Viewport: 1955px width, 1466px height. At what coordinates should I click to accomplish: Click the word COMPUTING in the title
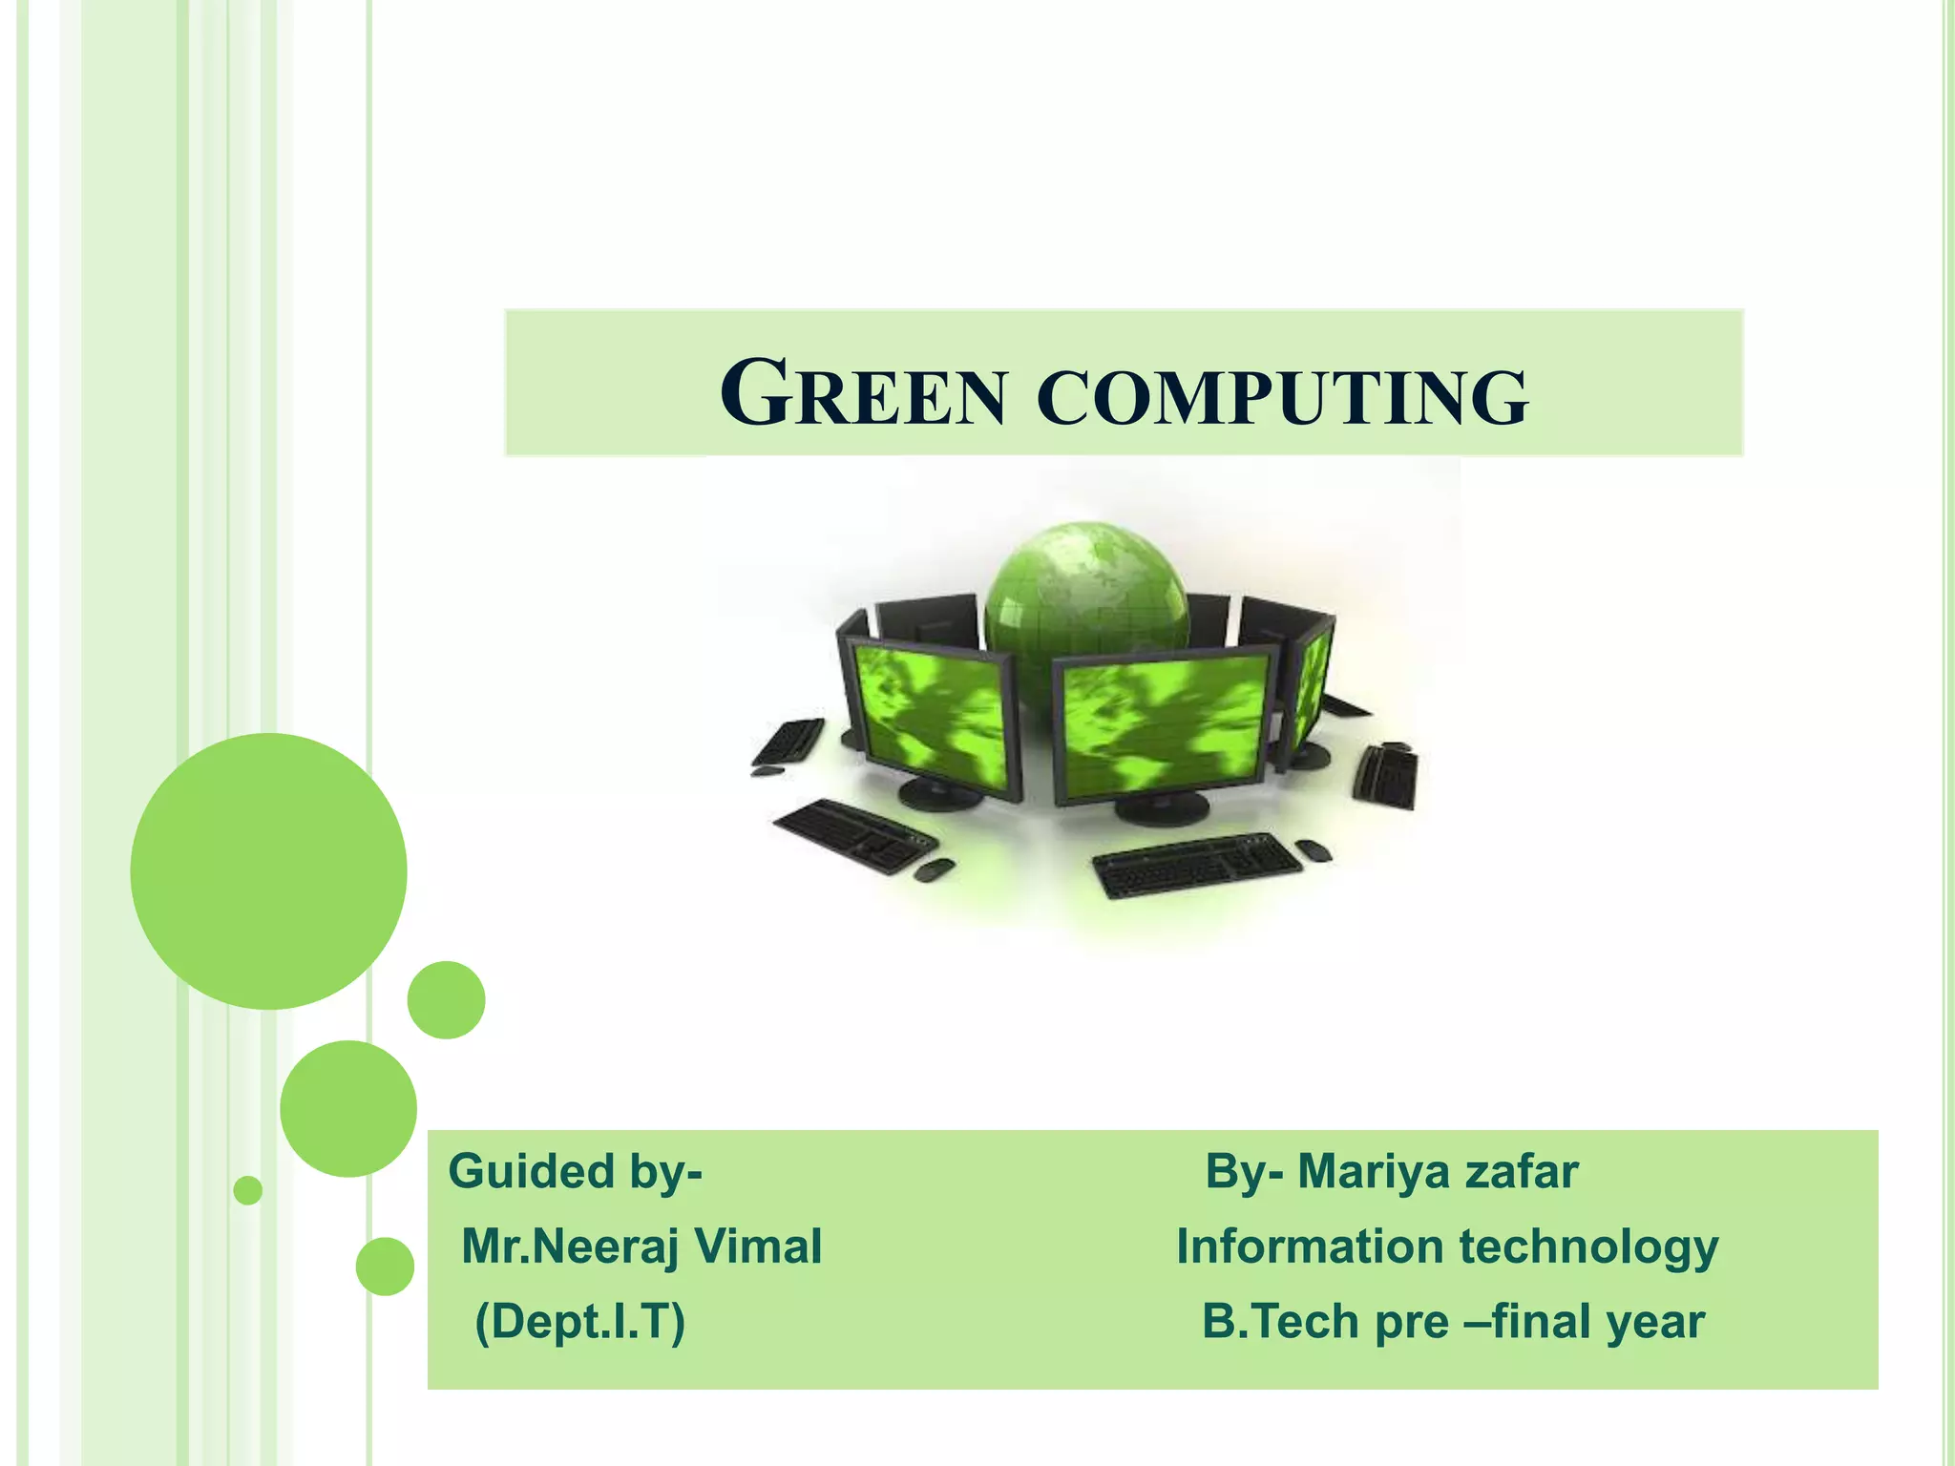[1282, 395]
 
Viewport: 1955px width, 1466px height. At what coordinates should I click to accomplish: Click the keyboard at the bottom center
[1195, 865]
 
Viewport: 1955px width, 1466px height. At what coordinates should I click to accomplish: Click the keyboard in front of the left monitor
[852, 834]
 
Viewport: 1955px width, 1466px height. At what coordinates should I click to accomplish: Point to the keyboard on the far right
[1387, 776]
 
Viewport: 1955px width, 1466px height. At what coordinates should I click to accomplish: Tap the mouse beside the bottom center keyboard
[1315, 848]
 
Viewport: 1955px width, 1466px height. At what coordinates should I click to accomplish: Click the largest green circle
[268, 870]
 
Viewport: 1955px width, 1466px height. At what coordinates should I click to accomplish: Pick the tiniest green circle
[248, 1190]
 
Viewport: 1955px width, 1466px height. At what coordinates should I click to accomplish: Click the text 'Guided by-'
[575, 1172]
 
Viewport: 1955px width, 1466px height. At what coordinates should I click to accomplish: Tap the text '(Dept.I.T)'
[579, 1322]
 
